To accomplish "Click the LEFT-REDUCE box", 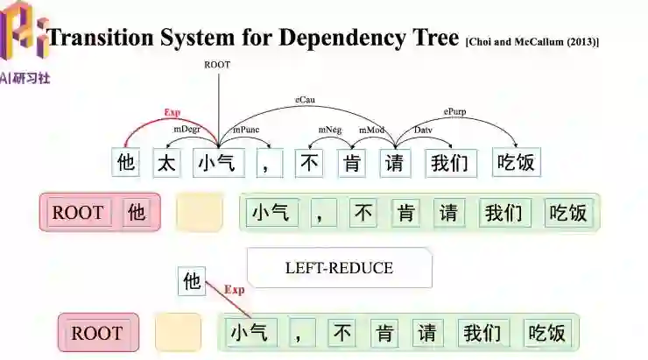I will (339, 268).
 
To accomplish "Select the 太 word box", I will (167, 162).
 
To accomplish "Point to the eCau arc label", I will (306, 101).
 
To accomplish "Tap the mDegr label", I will (185, 130).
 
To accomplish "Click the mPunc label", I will (246, 130).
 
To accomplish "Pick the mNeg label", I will (329, 130).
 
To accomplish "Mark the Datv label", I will (424, 130).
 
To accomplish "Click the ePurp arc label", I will (455, 112).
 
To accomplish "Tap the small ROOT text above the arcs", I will (217, 65).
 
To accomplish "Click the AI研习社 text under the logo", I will (26, 77).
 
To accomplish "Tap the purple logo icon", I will (25, 33).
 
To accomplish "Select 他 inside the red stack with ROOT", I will (137, 212).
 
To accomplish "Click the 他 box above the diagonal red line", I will (192, 281).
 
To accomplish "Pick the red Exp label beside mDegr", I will (172, 113).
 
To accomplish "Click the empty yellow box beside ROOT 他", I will (199, 213).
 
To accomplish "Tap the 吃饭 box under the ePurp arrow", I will (518, 162).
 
